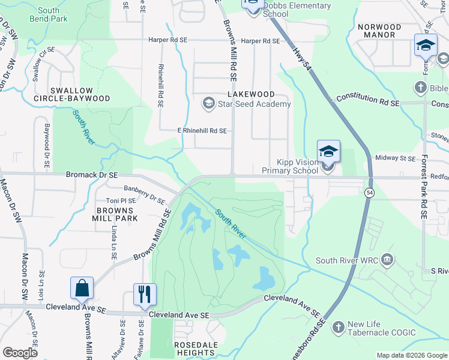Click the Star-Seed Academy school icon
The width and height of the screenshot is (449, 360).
(208, 104)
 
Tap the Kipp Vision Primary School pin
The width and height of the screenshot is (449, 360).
(328, 152)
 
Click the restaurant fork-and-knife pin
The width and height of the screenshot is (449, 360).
(145, 294)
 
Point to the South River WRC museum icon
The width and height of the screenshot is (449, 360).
(387, 260)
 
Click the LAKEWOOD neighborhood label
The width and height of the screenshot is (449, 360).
(251, 94)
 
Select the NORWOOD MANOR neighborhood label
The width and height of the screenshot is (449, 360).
(379, 31)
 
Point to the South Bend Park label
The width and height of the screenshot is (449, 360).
(52, 14)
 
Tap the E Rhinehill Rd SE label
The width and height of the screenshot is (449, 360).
(202, 130)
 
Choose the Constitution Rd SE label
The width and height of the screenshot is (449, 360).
(367, 100)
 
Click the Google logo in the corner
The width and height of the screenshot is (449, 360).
(20, 352)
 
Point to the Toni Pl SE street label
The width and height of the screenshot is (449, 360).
(121, 201)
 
